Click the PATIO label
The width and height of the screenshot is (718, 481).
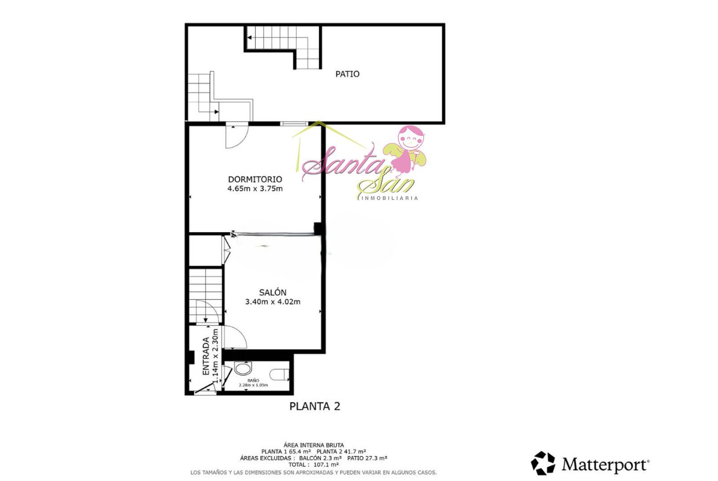point(347,74)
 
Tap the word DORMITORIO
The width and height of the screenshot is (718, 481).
point(255,179)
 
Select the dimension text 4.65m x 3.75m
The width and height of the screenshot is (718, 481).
point(255,189)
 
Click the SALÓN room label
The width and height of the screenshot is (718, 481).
point(272,292)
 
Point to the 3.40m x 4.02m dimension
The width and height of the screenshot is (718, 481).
point(272,302)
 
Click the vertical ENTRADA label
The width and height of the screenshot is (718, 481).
point(206,356)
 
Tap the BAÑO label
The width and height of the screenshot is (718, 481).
point(253,380)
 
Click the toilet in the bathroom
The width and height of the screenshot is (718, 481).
point(279,375)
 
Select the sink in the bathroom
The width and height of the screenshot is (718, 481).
point(243,368)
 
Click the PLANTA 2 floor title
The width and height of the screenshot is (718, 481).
point(315,406)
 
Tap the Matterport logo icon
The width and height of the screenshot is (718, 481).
point(543,463)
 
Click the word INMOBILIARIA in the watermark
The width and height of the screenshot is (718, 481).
point(390,199)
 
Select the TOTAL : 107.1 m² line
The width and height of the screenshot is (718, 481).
point(313,465)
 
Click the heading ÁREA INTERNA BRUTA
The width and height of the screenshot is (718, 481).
point(314,445)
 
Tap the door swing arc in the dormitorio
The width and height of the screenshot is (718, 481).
point(242,141)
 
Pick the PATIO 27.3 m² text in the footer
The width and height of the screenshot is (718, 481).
point(367,458)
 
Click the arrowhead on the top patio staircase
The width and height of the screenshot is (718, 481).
point(249,38)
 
